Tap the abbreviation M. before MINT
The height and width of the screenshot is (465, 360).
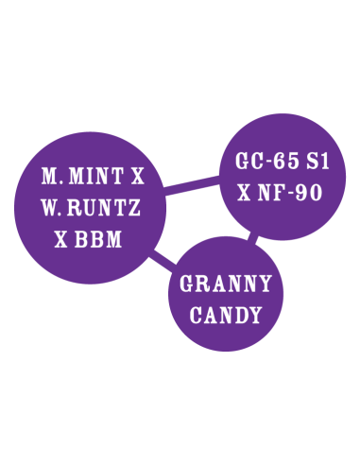tap(53, 176)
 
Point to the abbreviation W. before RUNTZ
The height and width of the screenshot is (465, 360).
tap(52, 207)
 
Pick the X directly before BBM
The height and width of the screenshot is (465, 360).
tap(62, 238)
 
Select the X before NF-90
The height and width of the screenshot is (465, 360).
tap(244, 192)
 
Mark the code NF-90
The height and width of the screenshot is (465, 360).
tap(293, 192)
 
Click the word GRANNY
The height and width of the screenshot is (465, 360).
tap(226, 284)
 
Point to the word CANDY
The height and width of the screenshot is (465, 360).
tap(226, 315)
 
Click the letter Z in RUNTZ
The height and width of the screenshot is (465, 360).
tap(142, 207)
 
